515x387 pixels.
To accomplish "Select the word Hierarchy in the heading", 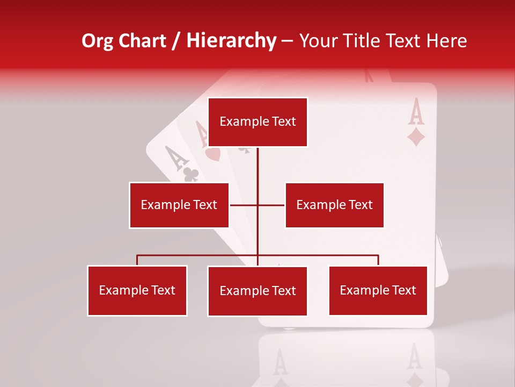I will tap(231, 41).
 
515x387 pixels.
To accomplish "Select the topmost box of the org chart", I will tap(257, 122).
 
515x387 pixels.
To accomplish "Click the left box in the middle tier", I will tap(179, 205).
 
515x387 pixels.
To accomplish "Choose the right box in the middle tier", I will tap(334, 205).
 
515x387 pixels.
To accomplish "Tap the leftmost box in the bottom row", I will tap(137, 290).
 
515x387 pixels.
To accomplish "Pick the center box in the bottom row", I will tap(257, 291).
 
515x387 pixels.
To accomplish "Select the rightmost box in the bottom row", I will tap(378, 290).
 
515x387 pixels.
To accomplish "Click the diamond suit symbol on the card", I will tap(416, 137).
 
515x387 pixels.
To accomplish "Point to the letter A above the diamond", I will tap(416, 111).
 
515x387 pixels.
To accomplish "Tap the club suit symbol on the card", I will tap(191, 174).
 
